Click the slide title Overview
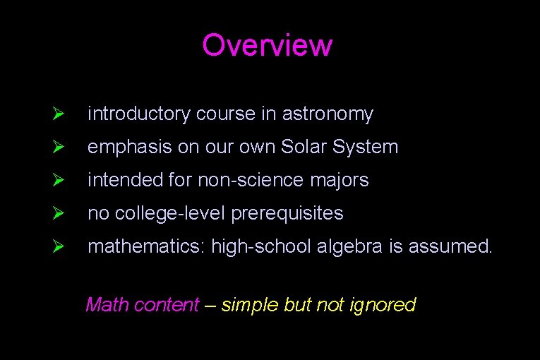[x=267, y=45]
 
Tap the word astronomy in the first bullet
[x=328, y=114]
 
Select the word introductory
[x=139, y=114]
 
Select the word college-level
[x=169, y=213]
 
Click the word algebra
[x=336, y=247]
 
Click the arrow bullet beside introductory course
[x=59, y=114]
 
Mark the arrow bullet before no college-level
[x=59, y=214]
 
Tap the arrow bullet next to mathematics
[x=59, y=247]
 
